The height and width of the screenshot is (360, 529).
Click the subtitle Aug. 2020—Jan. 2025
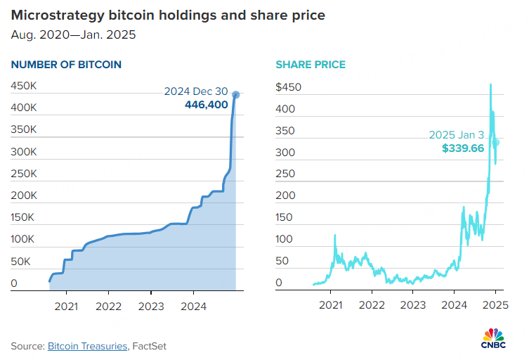[73, 34]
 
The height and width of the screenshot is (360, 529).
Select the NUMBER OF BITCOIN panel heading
[66, 65]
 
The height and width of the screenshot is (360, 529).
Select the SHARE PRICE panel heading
[310, 65]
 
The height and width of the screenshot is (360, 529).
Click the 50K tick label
[21, 262]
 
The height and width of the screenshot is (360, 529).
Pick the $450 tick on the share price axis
[289, 87]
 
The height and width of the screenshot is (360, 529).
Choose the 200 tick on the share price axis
[284, 196]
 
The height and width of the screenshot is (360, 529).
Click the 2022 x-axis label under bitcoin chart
[108, 306]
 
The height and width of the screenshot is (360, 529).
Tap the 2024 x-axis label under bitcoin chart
[193, 306]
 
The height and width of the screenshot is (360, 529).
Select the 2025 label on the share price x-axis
[495, 306]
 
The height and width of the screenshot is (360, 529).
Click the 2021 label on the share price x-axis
[330, 306]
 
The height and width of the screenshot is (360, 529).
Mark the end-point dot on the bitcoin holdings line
[236, 94]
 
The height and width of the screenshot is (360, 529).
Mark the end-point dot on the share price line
[495, 143]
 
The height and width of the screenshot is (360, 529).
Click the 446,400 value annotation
[206, 105]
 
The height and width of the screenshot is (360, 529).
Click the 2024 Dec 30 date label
[196, 91]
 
